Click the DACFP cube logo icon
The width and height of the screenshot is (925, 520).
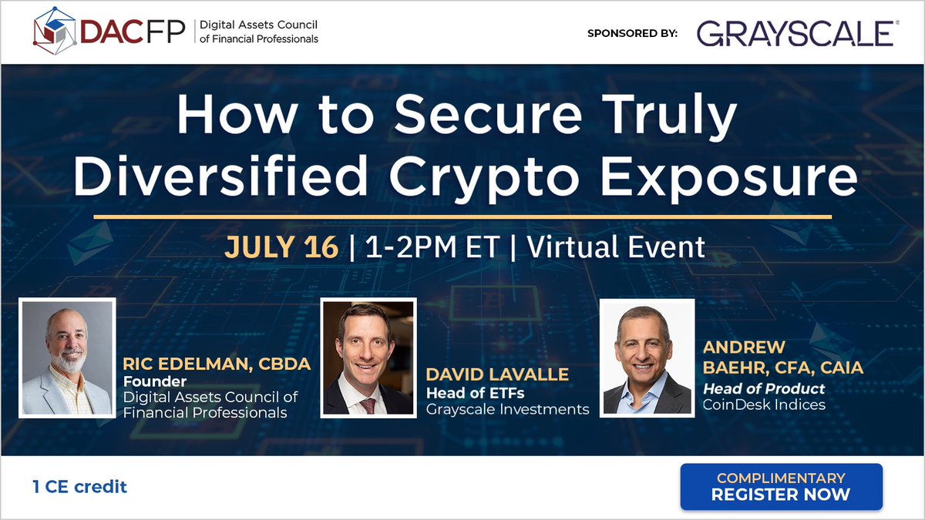(x=55, y=31)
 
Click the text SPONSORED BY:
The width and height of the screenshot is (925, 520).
(x=632, y=33)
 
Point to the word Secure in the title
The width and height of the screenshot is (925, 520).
(x=488, y=114)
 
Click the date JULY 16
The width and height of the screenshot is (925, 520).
(x=281, y=247)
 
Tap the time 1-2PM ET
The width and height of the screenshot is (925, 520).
(x=432, y=247)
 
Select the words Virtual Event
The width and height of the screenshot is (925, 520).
(x=616, y=247)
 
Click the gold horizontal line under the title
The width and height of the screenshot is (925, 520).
(x=462, y=216)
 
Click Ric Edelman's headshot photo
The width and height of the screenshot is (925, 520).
(x=67, y=357)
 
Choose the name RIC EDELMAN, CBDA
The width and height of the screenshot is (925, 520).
(x=217, y=364)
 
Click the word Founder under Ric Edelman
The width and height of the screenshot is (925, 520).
(x=155, y=381)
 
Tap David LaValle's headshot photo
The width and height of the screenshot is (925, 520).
(x=368, y=357)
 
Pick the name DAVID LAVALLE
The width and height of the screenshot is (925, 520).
(x=497, y=374)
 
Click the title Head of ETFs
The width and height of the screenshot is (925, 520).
(x=476, y=394)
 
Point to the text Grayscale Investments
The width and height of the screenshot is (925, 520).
(x=507, y=409)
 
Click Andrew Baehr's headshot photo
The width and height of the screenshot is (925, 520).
(x=647, y=357)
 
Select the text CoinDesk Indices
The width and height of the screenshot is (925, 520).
(x=764, y=405)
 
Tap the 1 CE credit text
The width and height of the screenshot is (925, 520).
(x=79, y=487)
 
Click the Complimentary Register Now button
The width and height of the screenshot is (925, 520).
(x=782, y=487)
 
